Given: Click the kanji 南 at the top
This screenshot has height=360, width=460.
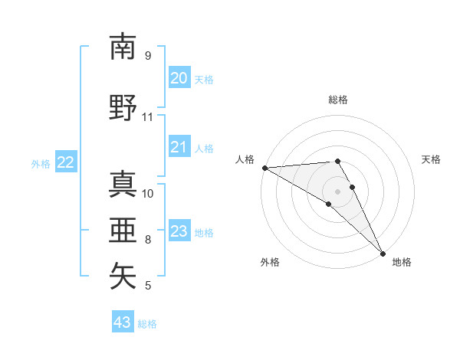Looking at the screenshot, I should pos(123,47).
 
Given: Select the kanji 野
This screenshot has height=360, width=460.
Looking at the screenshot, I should pos(123,108).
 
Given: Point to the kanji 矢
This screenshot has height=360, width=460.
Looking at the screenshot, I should pos(123,277).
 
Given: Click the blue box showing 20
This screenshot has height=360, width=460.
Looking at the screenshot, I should pos(179,78).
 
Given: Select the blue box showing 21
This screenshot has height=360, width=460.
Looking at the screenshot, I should pos(179,147).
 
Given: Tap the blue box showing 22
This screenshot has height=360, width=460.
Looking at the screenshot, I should pos(66,162).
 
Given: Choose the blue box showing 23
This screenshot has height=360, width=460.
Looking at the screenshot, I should pos(179,231).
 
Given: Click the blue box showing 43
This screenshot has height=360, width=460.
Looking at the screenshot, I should pos(122,322).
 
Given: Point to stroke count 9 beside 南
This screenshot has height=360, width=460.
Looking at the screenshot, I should pos(147,56).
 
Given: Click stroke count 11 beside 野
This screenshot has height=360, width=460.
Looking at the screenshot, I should pos(147,117).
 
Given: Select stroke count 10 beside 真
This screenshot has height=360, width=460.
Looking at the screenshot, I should pos(147,193).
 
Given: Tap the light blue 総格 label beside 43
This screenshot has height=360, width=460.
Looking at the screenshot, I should pos(147,324).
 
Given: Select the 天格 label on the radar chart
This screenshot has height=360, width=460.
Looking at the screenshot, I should pos(432,159).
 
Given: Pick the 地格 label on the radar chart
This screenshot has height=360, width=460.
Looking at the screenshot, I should pos(402,262).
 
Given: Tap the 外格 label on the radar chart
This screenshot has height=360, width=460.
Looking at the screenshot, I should pos(270,262).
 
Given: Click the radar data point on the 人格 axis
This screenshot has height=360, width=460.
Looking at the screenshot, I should pos(264,168).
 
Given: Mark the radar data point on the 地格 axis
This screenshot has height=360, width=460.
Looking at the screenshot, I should pos(383,254).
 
